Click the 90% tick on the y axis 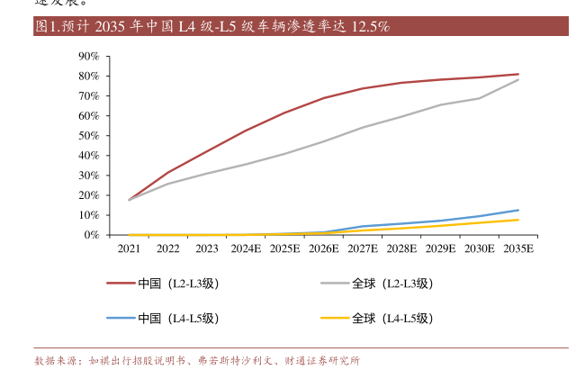[88, 56]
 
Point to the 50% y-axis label [88, 135]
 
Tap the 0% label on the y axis [91, 235]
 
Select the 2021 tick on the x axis [129, 248]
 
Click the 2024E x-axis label [246, 248]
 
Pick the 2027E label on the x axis [363, 248]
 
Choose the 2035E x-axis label [517, 248]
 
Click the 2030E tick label [479, 248]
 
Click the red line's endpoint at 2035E [517, 74]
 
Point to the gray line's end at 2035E [517, 79]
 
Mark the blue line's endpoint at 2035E [517, 210]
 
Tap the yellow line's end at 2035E [517, 220]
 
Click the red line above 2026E [323, 98]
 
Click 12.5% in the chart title [369, 27]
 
